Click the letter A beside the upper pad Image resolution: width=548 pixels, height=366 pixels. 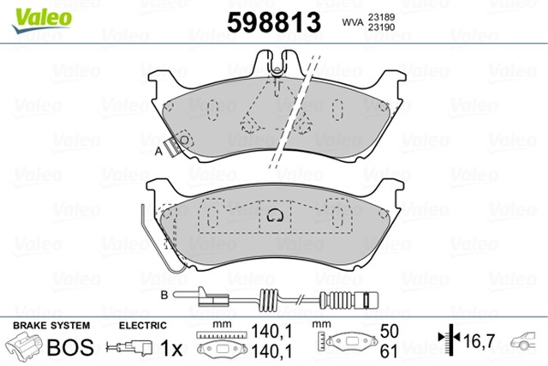click(158, 152)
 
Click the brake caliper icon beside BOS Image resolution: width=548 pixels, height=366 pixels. click(25, 347)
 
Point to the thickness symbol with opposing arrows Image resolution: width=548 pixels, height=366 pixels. click(447, 339)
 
